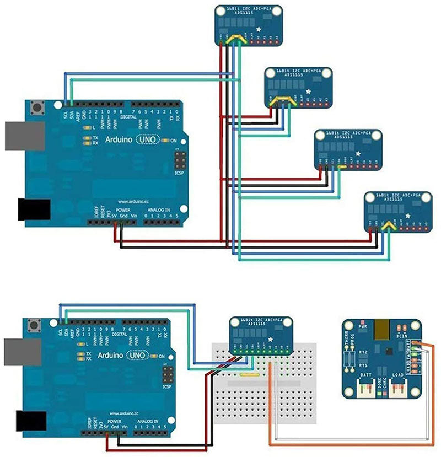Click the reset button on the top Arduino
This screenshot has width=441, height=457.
coord(37,106)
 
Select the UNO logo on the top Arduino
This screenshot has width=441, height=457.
coord(148,140)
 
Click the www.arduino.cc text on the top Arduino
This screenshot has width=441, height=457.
coord(130,202)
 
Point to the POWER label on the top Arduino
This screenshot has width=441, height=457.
coord(122,210)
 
